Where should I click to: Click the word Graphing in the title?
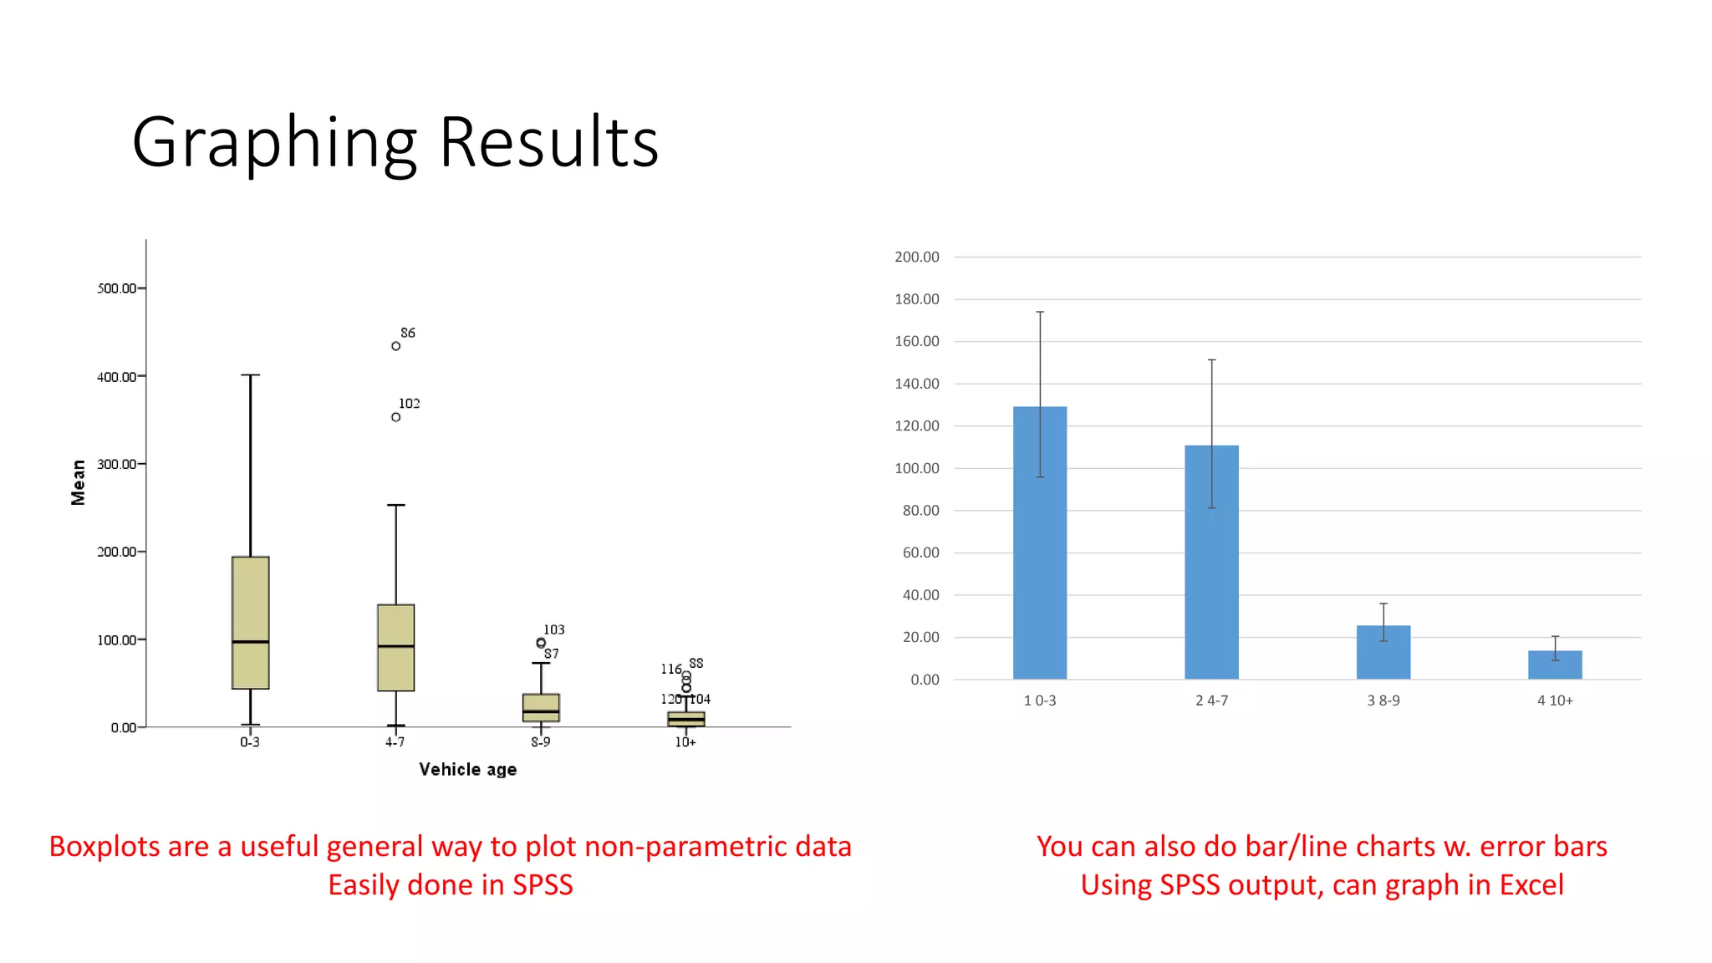pyautogui.click(x=274, y=144)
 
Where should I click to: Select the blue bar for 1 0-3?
pyautogui.click(x=1039, y=543)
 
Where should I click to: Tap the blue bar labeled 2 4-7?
pyautogui.click(x=1211, y=562)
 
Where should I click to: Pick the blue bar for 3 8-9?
pyautogui.click(x=1383, y=653)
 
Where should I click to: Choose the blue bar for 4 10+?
pyautogui.click(x=1554, y=665)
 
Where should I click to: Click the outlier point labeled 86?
pyautogui.click(x=395, y=346)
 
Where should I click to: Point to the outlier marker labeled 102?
pyautogui.click(x=395, y=417)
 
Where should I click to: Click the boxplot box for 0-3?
pyautogui.click(x=250, y=623)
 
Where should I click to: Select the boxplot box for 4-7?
pyautogui.click(x=395, y=648)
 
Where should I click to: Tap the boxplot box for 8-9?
pyautogui.click(x=541, y=707)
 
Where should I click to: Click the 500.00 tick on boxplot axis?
pyautogui.click(x=116, y=288)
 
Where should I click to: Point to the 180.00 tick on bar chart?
pyautogui.click(x=916, y=299)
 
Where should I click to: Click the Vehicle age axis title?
pyautogui.click(x=467, y=769)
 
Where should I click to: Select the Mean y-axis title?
pyautogui.click(x=79, y=482)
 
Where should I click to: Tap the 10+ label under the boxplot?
pyautogui.click(x=685, y=742)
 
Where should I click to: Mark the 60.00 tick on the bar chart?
pyautogui.click(x=920, y=553)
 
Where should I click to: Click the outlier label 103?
pyautogui.click(x=553, y=629)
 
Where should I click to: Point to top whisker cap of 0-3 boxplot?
pyautogui.click(x=250, y=375)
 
